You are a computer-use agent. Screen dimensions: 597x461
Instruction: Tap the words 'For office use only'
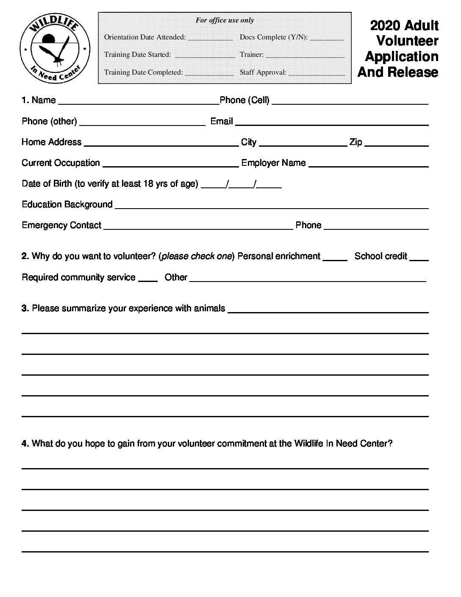225,20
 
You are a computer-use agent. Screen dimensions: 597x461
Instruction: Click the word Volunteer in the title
407,41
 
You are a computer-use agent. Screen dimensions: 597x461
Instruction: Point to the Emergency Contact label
61,225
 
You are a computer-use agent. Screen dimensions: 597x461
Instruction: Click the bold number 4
25,444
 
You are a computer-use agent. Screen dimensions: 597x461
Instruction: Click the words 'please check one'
197,256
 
